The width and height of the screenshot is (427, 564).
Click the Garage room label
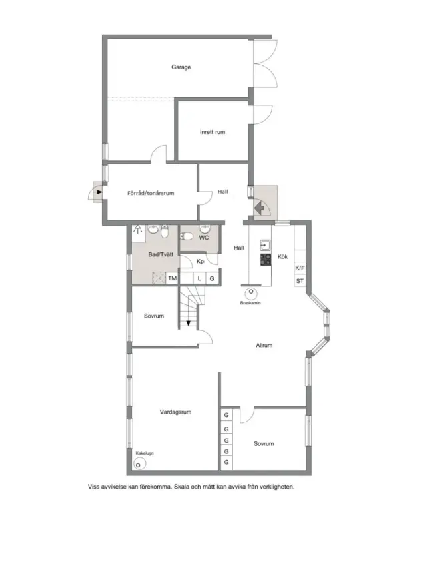181,67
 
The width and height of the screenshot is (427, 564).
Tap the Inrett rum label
212,132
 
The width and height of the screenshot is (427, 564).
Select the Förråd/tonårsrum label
151,193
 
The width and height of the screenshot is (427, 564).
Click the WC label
203,238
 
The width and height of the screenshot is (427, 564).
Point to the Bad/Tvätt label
161,255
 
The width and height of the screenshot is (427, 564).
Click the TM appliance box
173,278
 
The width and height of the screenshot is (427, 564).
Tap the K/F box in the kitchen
300,268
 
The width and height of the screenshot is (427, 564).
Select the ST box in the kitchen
300,280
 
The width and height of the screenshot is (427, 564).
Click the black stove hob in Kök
266,260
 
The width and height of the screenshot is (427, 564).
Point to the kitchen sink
266,245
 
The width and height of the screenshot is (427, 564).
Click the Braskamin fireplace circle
251,292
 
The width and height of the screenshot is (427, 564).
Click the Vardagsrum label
175,412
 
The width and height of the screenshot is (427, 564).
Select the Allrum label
264,346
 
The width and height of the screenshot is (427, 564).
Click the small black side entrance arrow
99,192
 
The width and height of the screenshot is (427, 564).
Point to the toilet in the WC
187,236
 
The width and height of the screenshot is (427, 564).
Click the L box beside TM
200,278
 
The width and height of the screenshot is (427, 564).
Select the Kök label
282,257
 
